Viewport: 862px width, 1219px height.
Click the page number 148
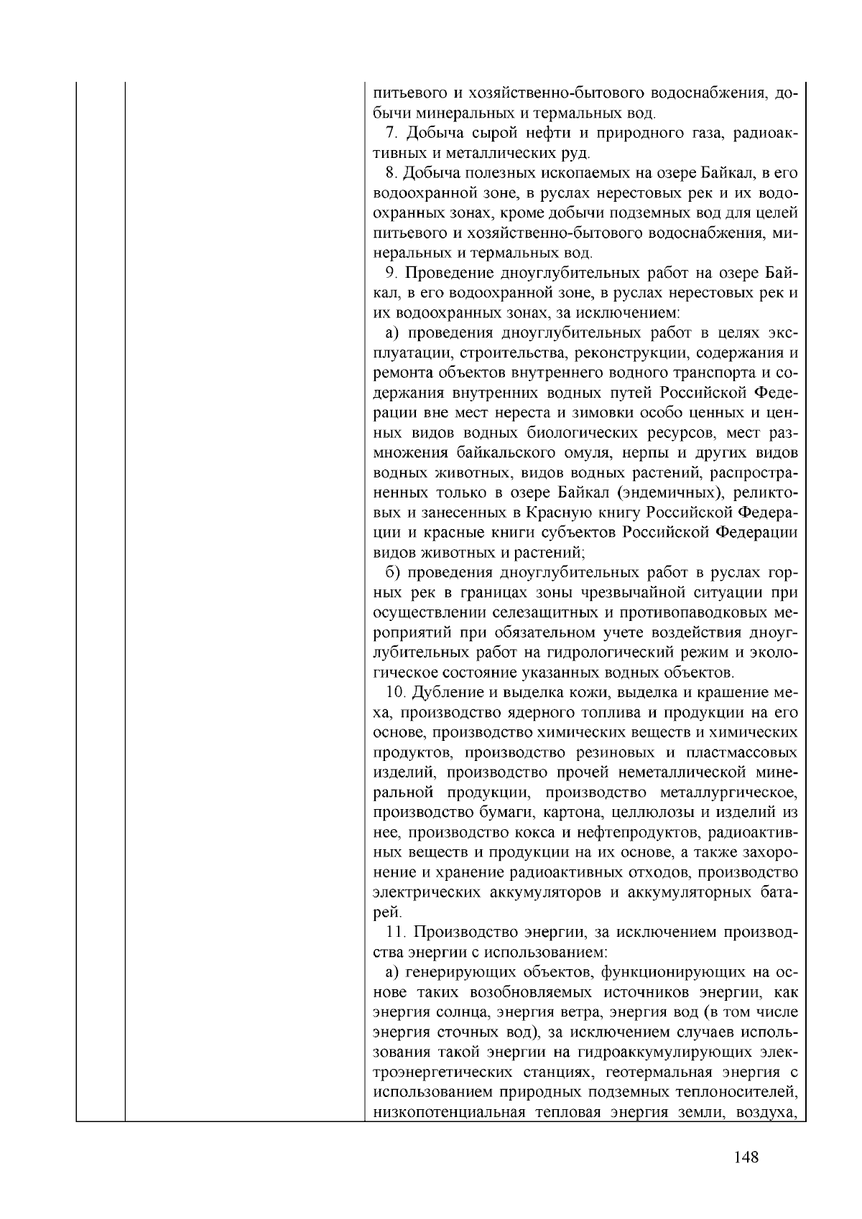tap(746, 1157)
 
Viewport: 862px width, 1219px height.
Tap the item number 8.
tap(390, 173)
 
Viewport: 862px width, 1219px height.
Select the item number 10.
tap(394, 693)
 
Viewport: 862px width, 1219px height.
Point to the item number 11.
tap(394, 933)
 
